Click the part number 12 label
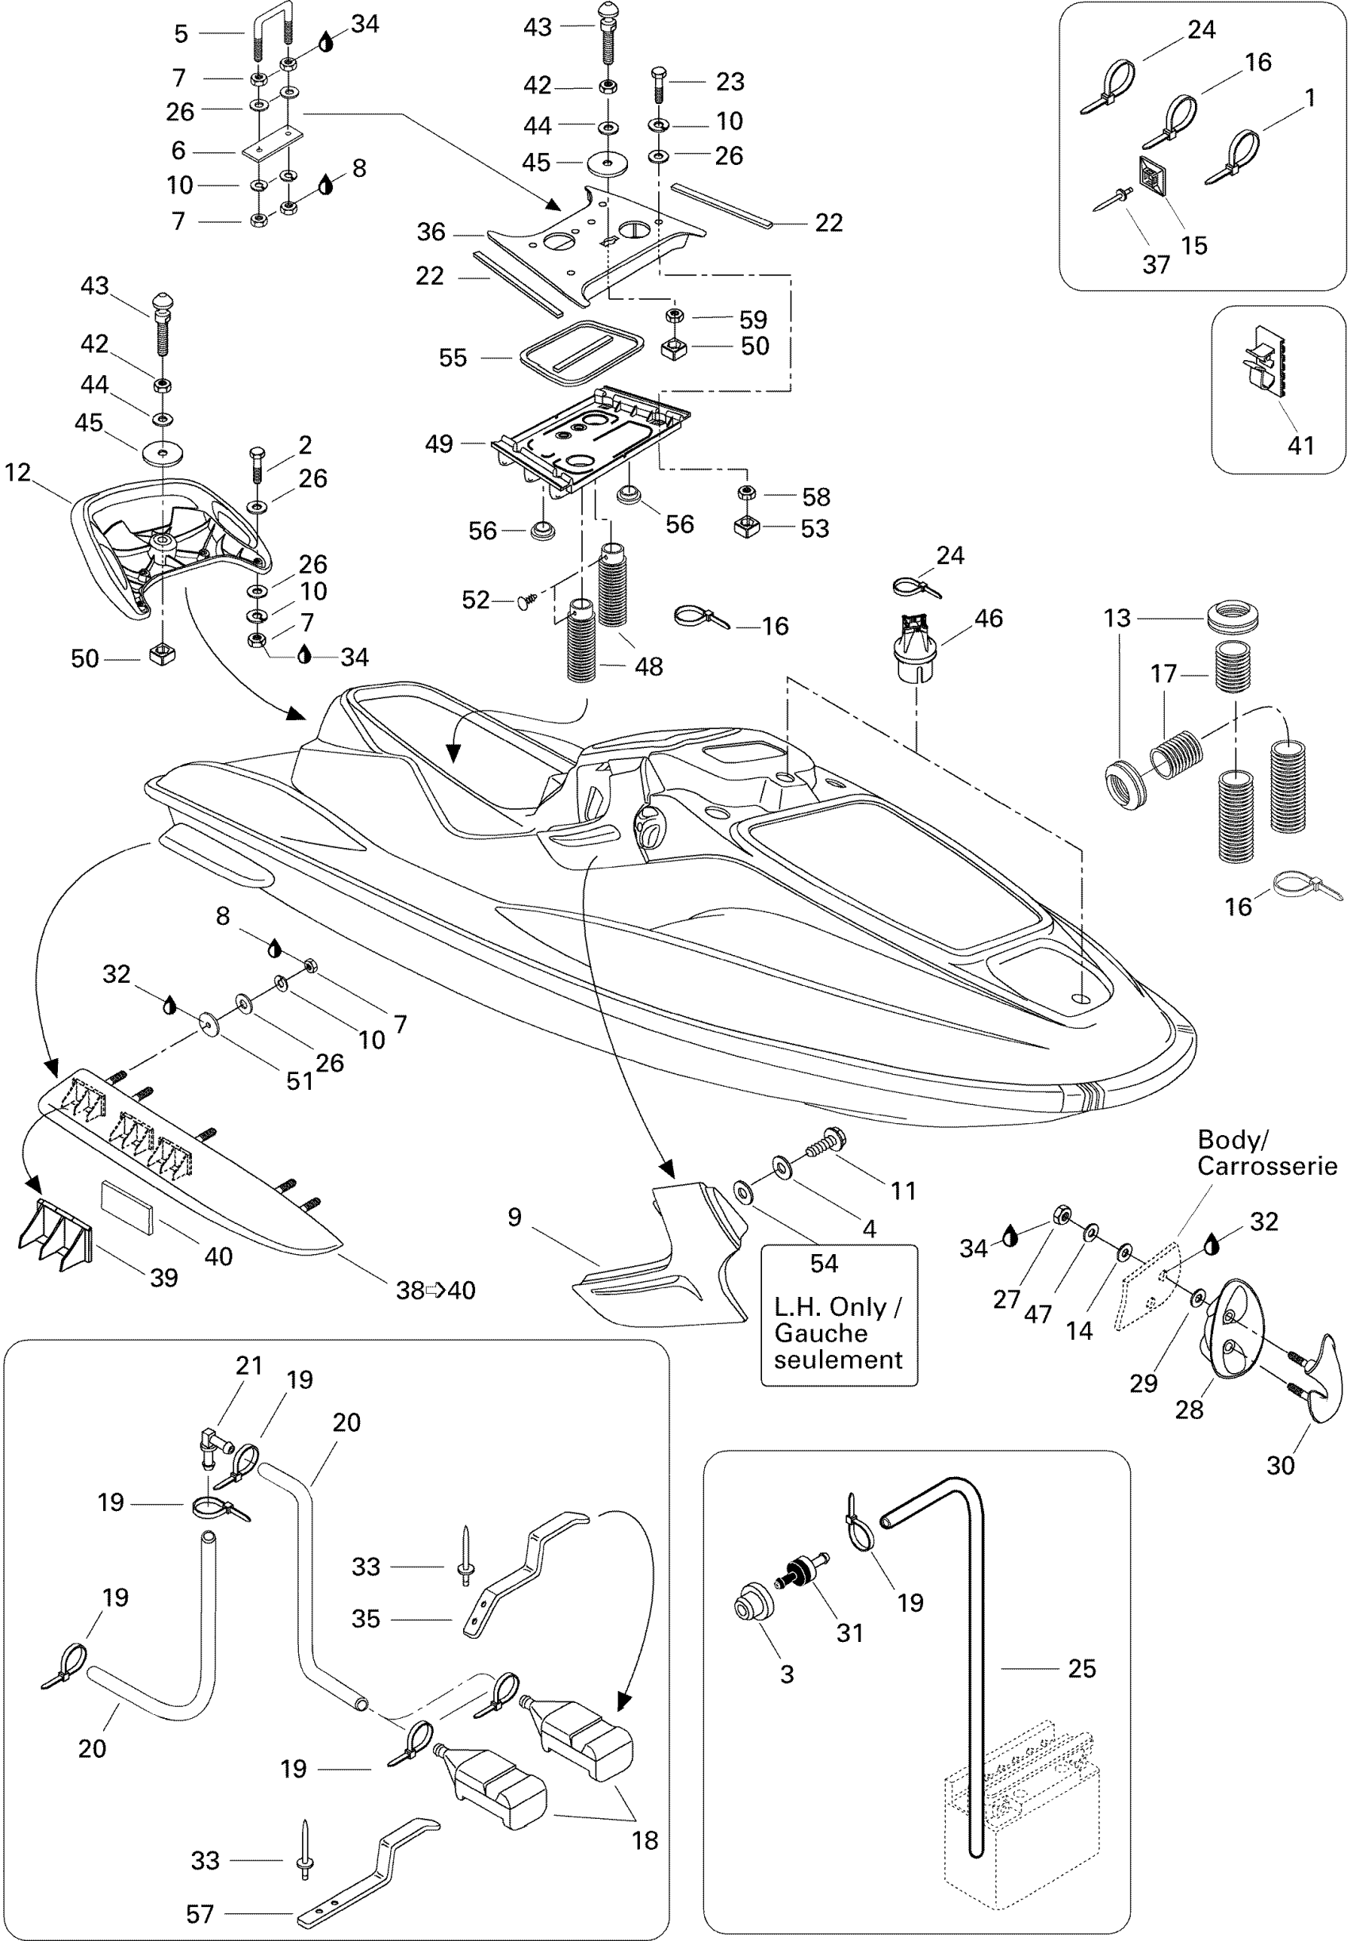[x=17, y=472]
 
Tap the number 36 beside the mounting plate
[x=431, y=232]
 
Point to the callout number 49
[x=438, y=443]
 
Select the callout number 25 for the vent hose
[x=1082, y=1668]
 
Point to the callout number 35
[x=366, y=1618]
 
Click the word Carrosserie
[x=1267, y=1167]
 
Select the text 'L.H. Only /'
[x=838, y=1306]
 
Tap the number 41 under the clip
[x=1300, y=445]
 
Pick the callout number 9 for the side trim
[x=515, y=1217]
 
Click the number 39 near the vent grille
[x=164, y=1278]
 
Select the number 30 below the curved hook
[x=1281, y=1464]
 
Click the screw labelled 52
[x=527, y=601]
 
